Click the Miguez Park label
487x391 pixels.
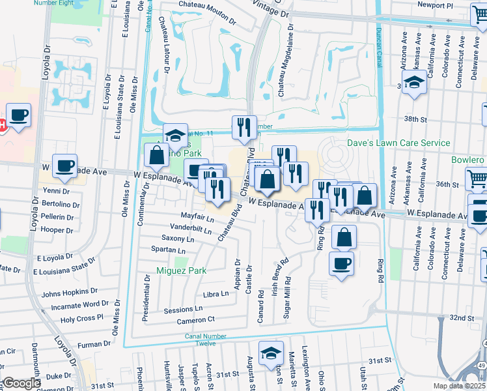click(x=181, y=270)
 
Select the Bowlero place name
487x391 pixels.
click(x=467, y=160)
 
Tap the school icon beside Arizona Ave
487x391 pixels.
click(x=414, y=83)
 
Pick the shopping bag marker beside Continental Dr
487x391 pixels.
click(x=157, y=156)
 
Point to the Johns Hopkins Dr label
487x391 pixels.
click(x=69, y=293)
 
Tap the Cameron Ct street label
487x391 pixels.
click(x=195, y=320)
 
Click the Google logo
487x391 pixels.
click(x=21, y=383)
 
